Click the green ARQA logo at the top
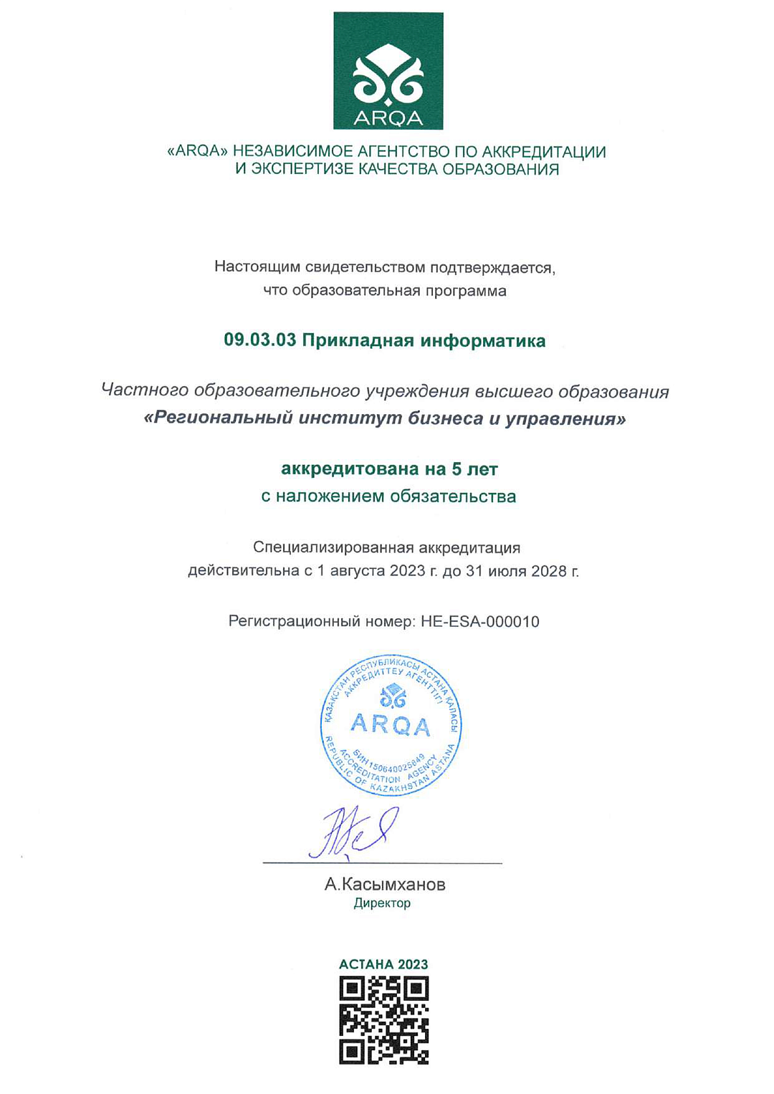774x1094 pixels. click(388, 71)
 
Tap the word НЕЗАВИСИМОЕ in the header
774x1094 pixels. click(289, 152)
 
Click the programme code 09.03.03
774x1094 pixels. click(259, 340)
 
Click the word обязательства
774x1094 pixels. click(454, 496)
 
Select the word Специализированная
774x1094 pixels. click(333, 548)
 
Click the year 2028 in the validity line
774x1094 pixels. click(548, 572)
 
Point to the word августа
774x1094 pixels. click(357, 572)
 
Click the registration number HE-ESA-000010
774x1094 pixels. click(480, 622)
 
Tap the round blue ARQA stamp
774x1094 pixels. click(391, 725)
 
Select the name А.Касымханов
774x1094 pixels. click(385, 885)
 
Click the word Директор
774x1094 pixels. click(382, 903)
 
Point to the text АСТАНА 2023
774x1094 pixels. click(383, 964)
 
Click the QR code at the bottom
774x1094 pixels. click(383, 1019)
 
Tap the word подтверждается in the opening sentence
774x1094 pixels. click(492, 268)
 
